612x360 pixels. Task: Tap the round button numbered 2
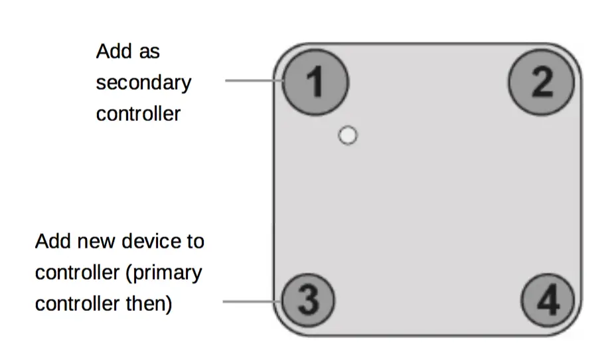pyautogui.click(x=541, y=82)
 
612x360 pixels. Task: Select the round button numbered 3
pyautogui.click(x=308, y=301)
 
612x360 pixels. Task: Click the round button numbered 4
pyautogui.click(x=548, y=301)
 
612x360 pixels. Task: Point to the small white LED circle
pyautogui.click(x=347, y=135)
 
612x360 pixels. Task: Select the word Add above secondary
pyautogui.click(x=111, y=51)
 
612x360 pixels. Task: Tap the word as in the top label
pyautogui.click(x=149, y=52)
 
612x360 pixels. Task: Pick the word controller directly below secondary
pyautogui.click(x=138, y=114)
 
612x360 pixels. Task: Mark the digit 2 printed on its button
pyautogui.click(x=542, y=83)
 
